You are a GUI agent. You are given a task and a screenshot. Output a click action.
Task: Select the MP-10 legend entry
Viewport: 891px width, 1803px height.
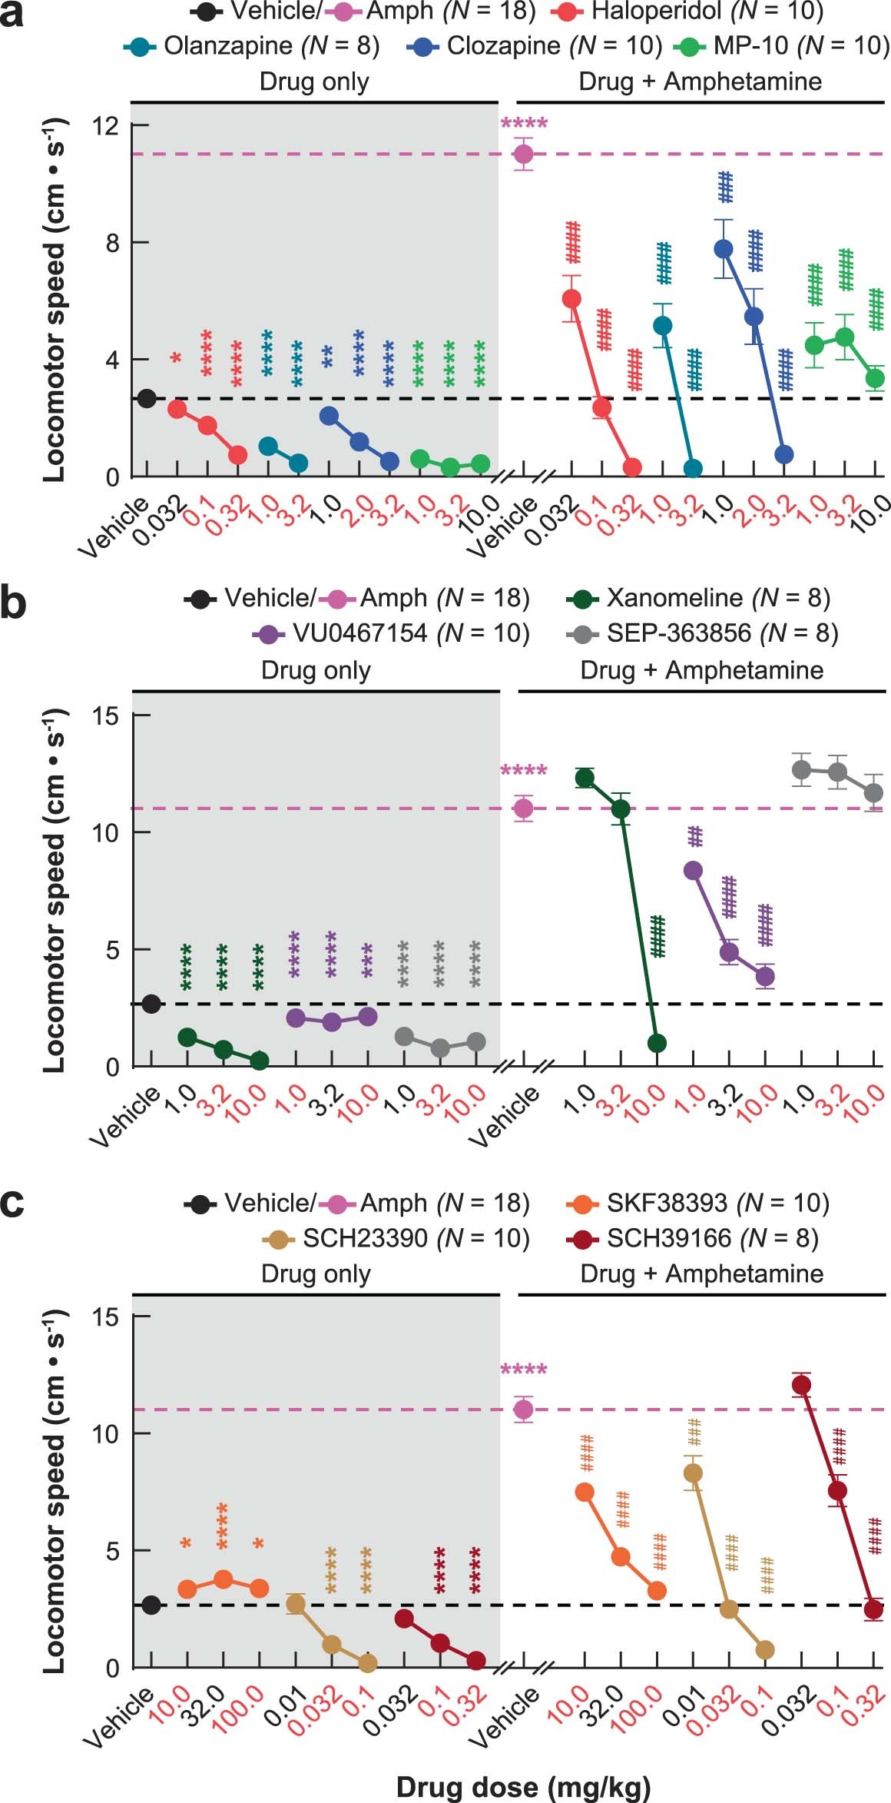click(780, 46)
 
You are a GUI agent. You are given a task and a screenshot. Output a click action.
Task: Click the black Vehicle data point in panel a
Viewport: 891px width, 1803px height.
click(147, 398)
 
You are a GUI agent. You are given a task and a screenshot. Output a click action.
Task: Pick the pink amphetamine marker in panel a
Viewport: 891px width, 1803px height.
click(524, 154)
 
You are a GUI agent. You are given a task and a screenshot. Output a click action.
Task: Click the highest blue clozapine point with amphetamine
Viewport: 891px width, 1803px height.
click(723, 248)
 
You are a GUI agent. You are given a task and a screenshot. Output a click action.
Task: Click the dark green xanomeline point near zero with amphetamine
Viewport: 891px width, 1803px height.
click(657, 1043)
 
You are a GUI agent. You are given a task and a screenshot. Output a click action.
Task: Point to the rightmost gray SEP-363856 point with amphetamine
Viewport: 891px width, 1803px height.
click(873, 792)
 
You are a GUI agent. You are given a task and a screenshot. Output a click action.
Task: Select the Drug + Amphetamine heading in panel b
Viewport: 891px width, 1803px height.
click(701, 670)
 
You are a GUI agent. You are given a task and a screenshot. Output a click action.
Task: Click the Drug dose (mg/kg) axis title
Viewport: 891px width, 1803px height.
click(523, 1787)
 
